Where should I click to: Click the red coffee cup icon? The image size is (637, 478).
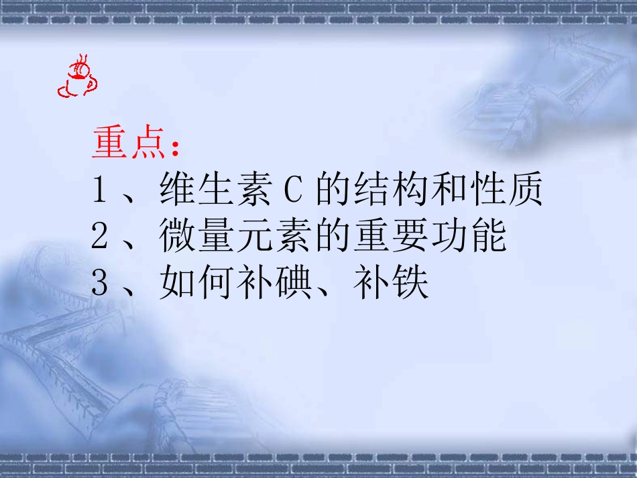[x=77, y=80]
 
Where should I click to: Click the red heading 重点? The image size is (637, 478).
[x=129, y=144]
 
